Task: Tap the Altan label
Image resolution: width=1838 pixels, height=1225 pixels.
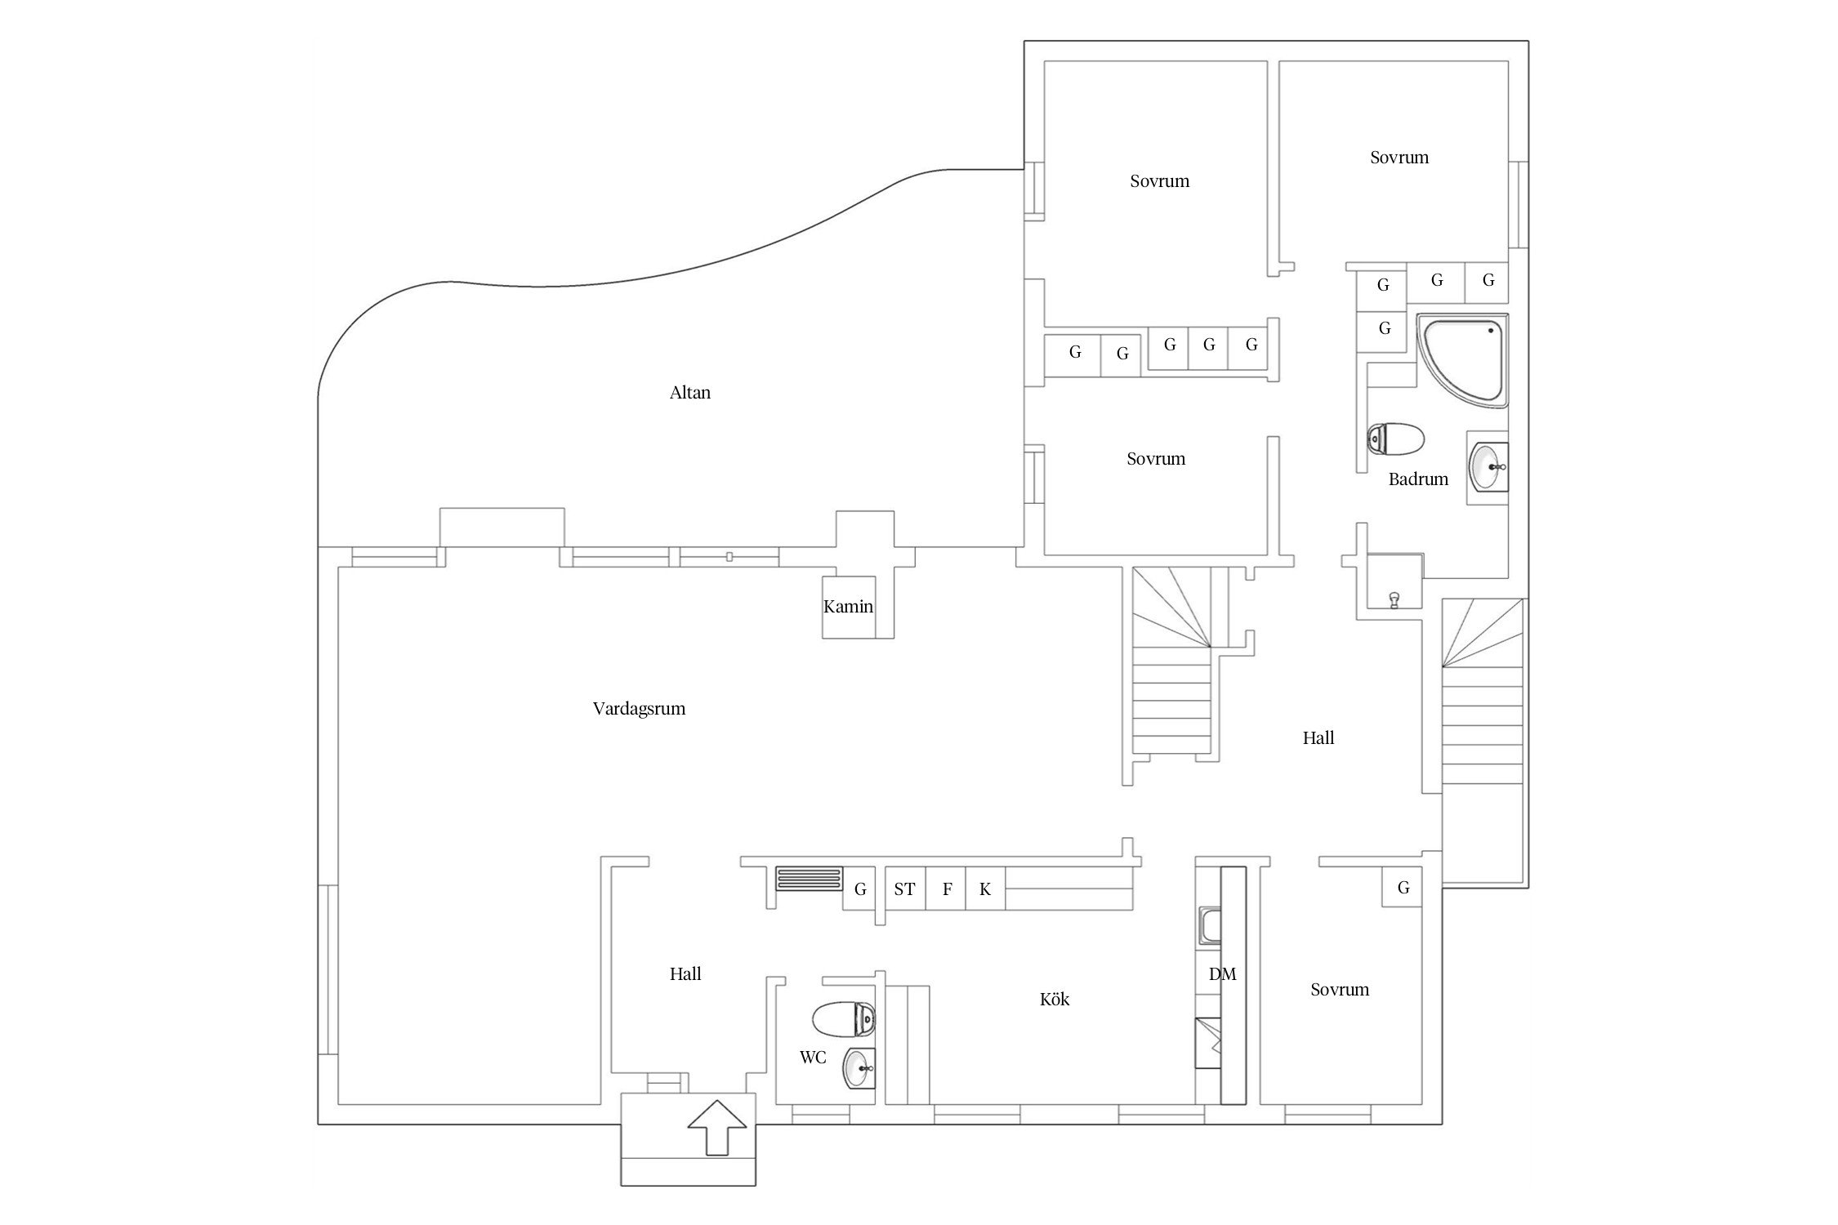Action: tap(690, 393)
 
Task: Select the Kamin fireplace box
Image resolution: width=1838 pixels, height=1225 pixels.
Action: tap(849, 607)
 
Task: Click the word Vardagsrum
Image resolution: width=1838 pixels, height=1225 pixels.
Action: tap(639, 709)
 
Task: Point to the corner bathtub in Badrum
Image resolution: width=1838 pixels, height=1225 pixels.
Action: tap(1462, 359)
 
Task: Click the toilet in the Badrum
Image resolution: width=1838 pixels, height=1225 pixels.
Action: tap(1395, 439)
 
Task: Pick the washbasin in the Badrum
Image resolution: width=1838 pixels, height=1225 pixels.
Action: tap(1488, 467)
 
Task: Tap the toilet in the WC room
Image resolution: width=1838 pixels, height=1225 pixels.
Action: tap(844, 1018)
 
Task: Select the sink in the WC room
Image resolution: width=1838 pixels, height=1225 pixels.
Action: tap(859, 1068)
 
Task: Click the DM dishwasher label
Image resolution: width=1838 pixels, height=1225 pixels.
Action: tap(1222, 973)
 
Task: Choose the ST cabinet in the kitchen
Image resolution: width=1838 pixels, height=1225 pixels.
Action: tap(905, 889)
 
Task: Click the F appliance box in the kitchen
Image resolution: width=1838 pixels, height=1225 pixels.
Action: tap(947, 889)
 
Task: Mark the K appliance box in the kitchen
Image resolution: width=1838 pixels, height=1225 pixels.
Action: tap(986, 889)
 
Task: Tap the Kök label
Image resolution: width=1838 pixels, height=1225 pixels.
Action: tap(1055, 999)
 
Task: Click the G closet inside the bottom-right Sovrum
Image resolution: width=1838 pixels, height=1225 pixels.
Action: tap(1403, 887)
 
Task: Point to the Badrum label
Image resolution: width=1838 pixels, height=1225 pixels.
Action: tap(1418, 479)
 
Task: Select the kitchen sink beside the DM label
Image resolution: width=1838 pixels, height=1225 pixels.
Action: tap(1209, 926)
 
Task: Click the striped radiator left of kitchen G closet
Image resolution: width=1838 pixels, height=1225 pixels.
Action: tap(809, 879)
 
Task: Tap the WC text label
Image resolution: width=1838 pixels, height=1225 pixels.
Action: tap(813, 1058)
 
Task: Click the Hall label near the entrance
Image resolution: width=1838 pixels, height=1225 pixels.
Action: tap(685, 973)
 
